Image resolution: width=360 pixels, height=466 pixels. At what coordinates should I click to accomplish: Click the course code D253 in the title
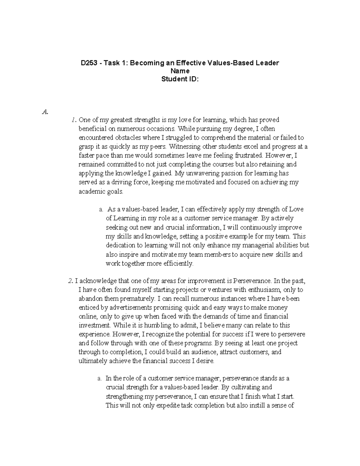90,63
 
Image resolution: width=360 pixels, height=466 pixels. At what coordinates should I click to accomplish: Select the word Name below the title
180,71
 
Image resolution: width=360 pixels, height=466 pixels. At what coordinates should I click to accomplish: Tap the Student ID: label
180,79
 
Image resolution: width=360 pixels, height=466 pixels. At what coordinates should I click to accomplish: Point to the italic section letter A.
45,112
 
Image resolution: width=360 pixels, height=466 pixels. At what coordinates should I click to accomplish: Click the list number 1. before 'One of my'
73,120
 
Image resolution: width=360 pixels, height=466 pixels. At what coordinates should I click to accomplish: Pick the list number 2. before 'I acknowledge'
70,281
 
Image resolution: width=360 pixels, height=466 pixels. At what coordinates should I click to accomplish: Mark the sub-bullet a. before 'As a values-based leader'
101,209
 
